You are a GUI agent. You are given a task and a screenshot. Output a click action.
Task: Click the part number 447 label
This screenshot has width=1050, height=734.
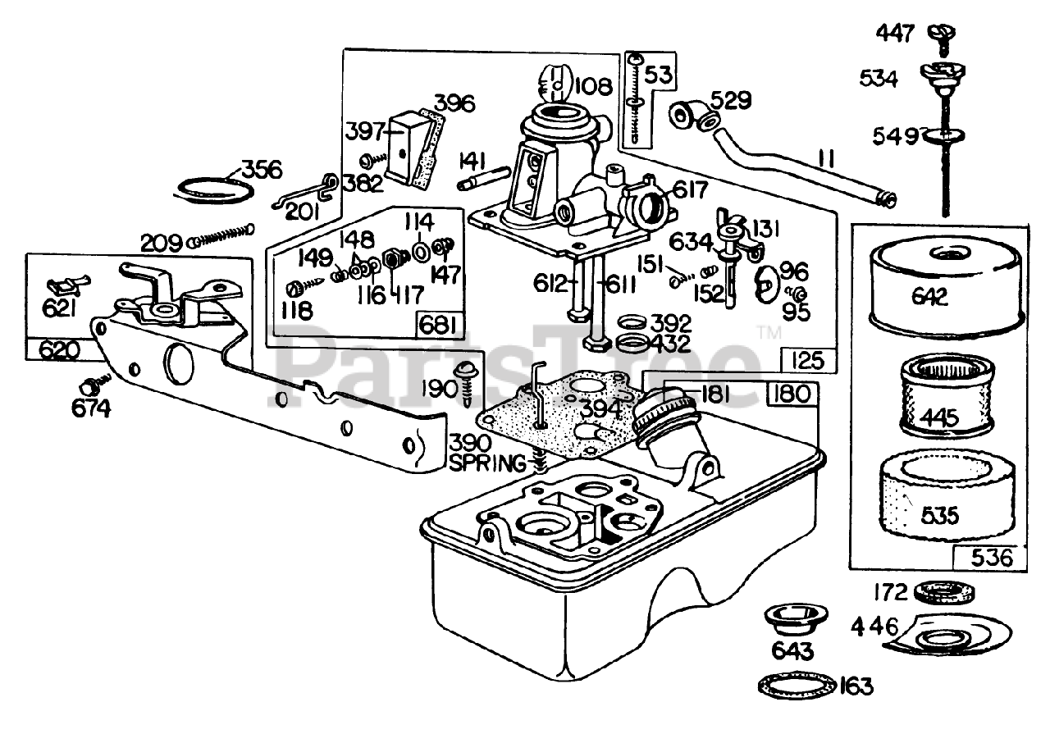click(894, 33)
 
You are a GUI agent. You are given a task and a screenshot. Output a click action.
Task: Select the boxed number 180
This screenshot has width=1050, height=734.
click(792, 394)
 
